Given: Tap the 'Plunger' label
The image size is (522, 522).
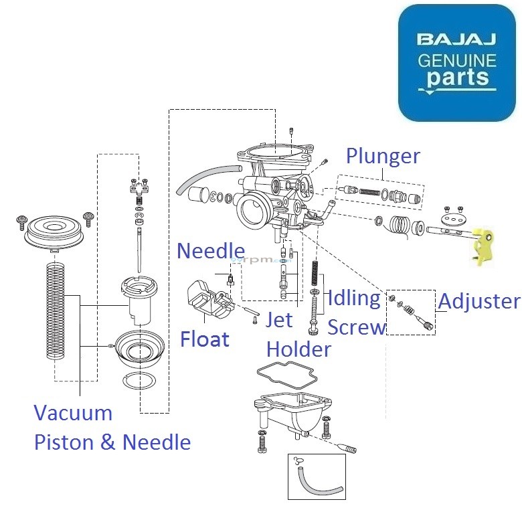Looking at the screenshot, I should tap(383, 156).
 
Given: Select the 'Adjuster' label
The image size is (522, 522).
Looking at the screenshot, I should tap(478, 301).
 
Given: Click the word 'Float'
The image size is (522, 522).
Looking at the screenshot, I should tap(205, 339).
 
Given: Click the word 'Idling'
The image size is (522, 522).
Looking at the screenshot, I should tap(354, 298).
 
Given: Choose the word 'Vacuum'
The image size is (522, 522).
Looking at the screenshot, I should tap(73, 412).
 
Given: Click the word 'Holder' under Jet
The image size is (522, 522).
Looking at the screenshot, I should tap(298, 349).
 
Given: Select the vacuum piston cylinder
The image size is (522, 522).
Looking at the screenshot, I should tap(141, 300).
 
